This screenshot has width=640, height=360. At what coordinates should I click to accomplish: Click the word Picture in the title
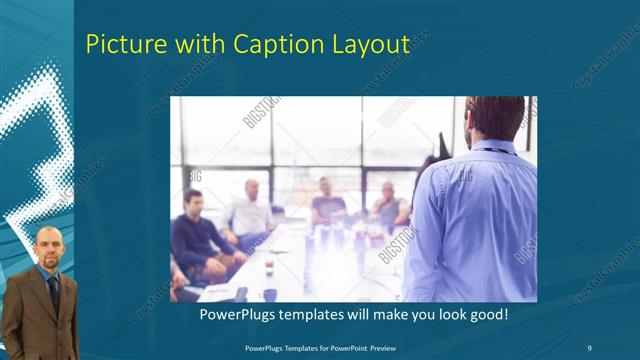(x=122, y=45)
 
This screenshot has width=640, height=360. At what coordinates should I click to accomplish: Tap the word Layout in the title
(x=370, y=45)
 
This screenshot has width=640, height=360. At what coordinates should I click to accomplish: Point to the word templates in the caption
(x=311, y=315)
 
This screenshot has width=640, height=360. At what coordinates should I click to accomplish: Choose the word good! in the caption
(x=487, y=315)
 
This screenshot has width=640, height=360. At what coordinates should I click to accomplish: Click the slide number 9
(x=588, y=348)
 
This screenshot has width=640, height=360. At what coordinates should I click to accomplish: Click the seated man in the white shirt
(x=249, y=213)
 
